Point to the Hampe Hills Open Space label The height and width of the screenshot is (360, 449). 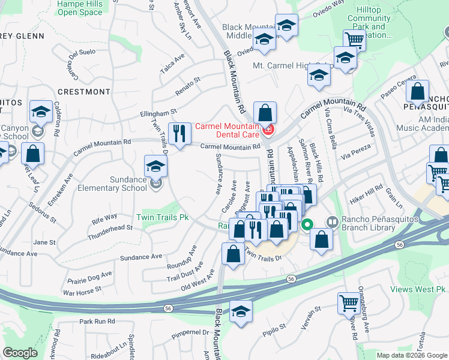click(x=80, y=8)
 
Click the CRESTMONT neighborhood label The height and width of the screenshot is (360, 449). click(x=84, y=92)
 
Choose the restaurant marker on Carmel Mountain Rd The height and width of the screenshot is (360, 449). click(x=177, y=134)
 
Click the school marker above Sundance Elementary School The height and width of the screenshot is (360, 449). click(x=155, y=166)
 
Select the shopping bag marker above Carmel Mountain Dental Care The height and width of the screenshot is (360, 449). click(x=265, y=112)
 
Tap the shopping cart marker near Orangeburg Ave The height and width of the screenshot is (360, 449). click(x=348, y=303)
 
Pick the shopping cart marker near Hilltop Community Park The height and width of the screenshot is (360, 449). click(x=354, y=40)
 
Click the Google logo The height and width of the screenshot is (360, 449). click(x=20, y=353)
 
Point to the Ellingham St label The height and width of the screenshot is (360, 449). click(x=158, y=112)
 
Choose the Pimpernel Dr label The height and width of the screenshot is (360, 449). click(x=189, y=332)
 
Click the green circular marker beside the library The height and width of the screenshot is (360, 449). click(x=307, y=226)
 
